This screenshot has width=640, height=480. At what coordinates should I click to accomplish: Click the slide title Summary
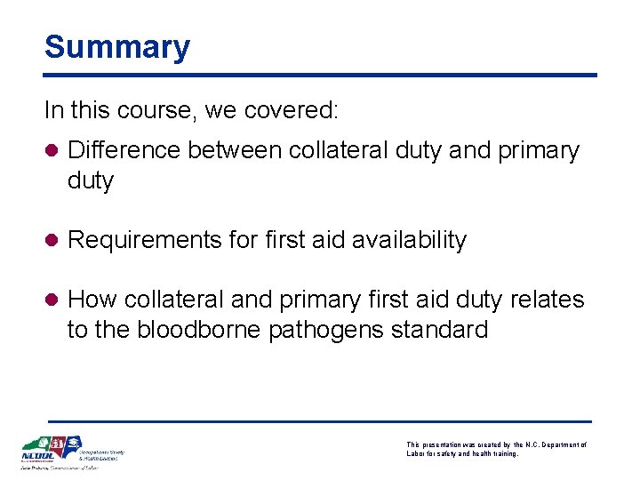117,47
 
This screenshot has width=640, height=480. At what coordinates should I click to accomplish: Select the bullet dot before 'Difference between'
52,151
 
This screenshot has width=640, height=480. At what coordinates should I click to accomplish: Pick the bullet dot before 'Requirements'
52,241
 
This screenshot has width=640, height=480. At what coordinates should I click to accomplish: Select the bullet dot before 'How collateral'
52,300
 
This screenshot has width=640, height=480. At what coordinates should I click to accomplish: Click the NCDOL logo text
38,460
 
